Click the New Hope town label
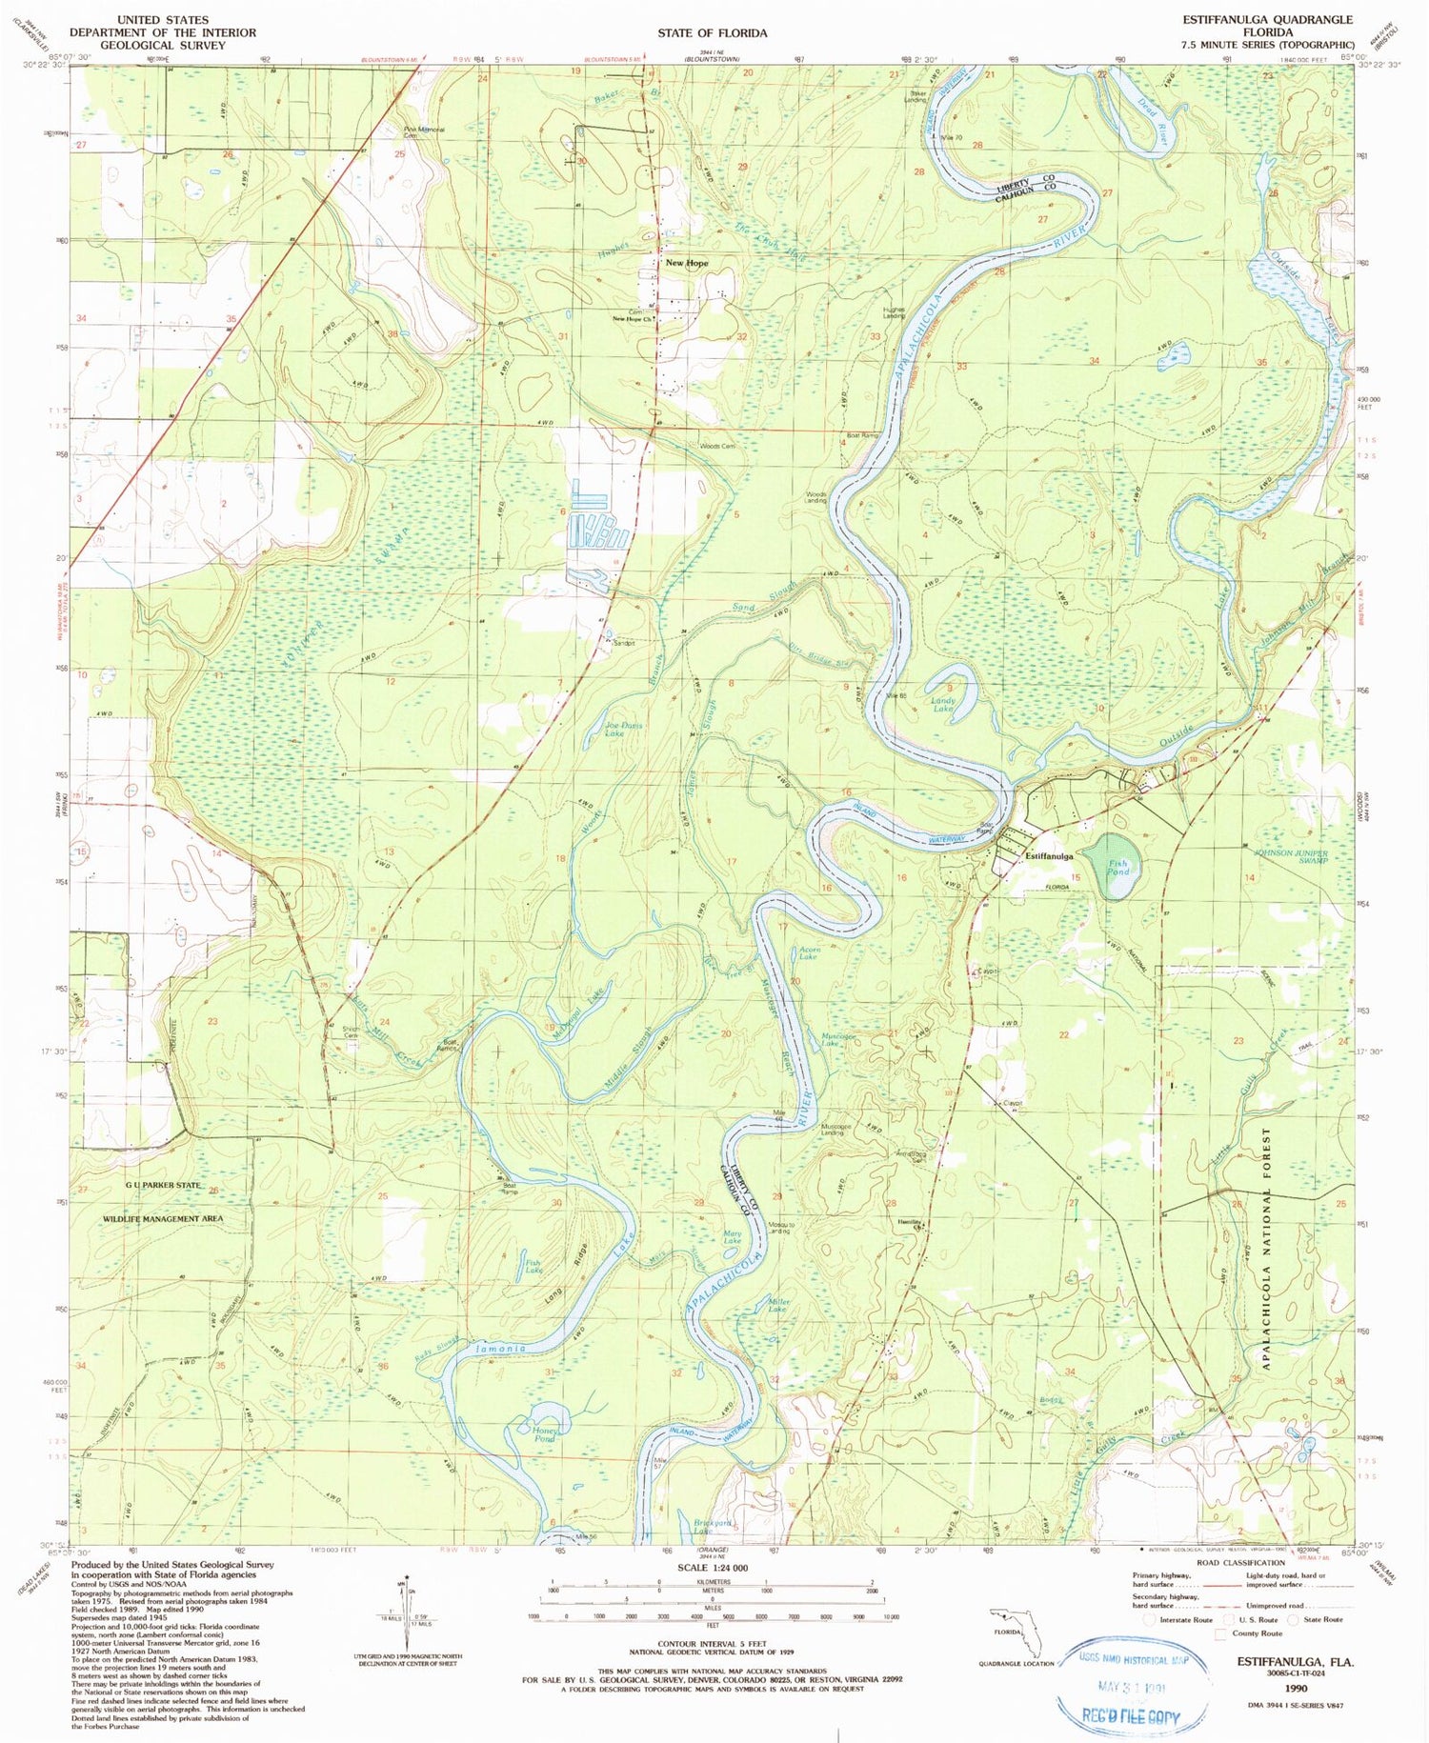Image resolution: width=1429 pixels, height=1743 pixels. coord(686,263)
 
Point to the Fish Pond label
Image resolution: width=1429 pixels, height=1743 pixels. coord(1117,867)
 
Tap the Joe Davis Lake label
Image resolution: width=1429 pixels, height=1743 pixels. coord(624,730)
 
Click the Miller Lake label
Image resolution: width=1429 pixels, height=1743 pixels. coord(777,1305)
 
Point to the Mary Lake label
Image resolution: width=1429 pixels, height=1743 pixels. coord(732,1237)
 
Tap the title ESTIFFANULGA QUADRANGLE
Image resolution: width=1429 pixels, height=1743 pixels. coord(1267,19)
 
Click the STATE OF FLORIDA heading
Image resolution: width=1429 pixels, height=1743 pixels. coord(712,32)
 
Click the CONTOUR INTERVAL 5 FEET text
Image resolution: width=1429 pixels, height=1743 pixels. coord(712,1644)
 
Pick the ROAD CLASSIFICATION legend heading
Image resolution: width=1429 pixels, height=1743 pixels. coord(1240,1563)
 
